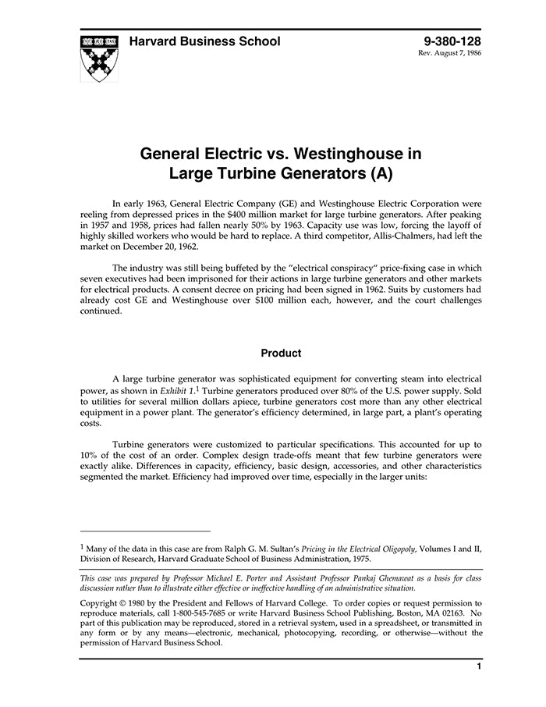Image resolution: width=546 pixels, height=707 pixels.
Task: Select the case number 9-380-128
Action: click(452, 41)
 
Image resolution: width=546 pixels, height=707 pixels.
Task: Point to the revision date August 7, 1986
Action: click(461, 55)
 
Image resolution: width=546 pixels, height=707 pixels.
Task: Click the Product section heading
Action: click(281, 353)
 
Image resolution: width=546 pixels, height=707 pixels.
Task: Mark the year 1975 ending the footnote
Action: click(360, 559)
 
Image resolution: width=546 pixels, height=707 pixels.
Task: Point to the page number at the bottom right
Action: click(478, 666)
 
